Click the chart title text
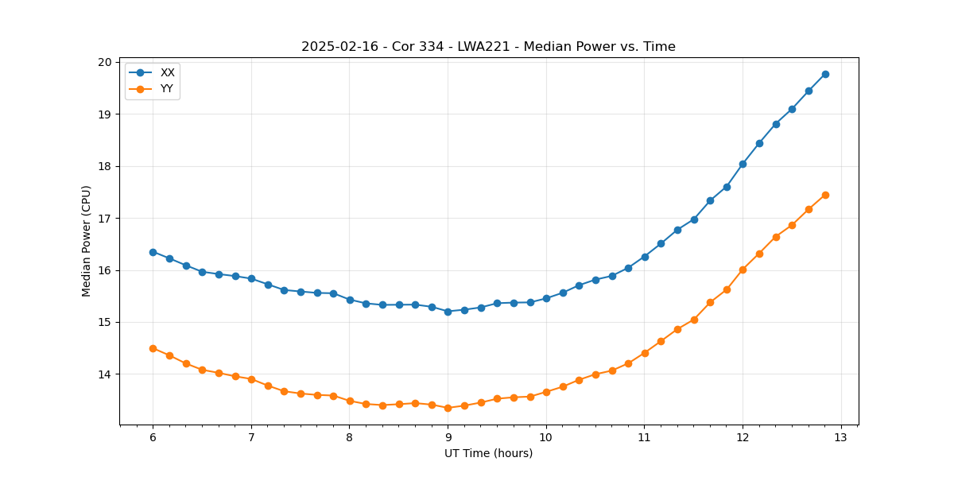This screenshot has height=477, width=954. tap(488, 47)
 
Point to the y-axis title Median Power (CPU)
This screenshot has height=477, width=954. tap(87, 241)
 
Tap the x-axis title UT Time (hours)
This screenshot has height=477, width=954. tap(488, 453)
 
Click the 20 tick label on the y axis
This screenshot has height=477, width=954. tap(105, 62)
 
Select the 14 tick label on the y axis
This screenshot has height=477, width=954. tap(105, 374)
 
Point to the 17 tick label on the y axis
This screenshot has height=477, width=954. tap(105, 219)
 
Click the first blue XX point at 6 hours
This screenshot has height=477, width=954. tap(153, 252)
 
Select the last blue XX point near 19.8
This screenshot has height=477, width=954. tap(825, 74)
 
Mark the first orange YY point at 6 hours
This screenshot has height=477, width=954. tap(153, 348)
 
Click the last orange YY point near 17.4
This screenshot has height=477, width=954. tap(825, 195)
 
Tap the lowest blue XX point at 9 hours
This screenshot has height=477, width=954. tap(448, 312)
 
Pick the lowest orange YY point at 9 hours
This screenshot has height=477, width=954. tap(448, 408)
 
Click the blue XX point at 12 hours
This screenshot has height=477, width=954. tap(743, 164)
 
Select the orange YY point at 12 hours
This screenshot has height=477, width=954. tap(743, 270)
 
